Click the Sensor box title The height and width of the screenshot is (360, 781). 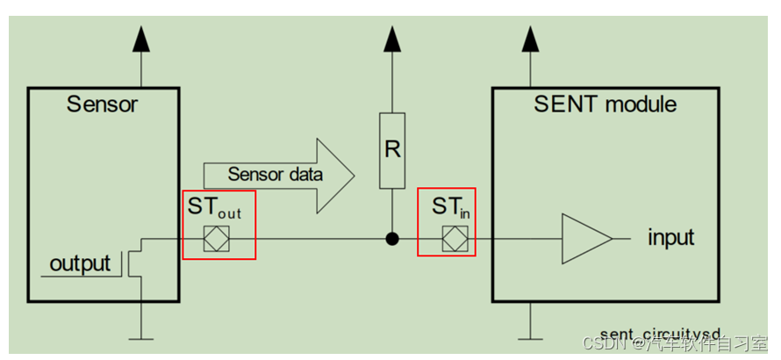[103, 105]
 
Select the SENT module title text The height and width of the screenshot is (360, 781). [605, 104]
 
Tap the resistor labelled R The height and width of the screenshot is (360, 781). [392, 150]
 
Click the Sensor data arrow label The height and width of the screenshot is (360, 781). [275, 174]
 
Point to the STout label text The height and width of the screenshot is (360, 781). [215, 210]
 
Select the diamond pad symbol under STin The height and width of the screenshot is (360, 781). [455, 239]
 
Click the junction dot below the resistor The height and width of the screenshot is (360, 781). [392, 238]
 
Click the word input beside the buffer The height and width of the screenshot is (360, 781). [671, 238]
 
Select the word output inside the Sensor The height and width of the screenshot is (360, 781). [80, 263]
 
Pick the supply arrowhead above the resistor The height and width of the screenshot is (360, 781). [392, 39]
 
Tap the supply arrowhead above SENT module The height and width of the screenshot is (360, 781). [529, 39]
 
